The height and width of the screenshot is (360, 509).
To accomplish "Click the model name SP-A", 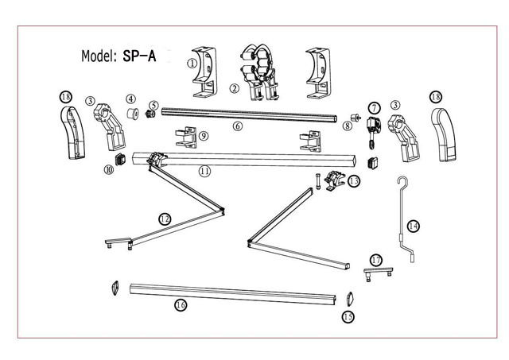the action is click(x=139, y=56).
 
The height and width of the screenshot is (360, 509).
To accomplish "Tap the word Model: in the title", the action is click(x=99, y=56).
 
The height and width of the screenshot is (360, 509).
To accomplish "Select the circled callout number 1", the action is click(x=192, y=63).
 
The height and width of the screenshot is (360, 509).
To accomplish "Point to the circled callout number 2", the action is click(x=234, y=88).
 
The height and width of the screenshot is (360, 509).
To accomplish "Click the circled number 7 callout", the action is click(x=374, y=108).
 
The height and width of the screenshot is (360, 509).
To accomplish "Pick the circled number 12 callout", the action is click(x=165, y=219).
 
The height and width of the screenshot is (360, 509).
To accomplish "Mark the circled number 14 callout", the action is click(x=414, y=226).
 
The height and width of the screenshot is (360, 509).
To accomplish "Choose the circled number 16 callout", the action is click(x=181, y=305).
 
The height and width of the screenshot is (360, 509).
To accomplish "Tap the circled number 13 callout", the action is click(x=354, y=180).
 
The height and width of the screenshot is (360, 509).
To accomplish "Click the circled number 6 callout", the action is click(x=238, y=126).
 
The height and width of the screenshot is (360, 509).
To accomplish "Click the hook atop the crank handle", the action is click(x=403, y=182).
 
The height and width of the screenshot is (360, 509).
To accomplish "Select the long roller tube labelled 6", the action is click(x=249, y=115).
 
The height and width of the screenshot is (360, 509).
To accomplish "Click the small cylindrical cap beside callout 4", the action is click(x=133, y=114).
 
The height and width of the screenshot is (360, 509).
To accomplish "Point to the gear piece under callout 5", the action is click(x=151, y=114).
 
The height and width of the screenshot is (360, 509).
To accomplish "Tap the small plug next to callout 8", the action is click(x=356, y=117).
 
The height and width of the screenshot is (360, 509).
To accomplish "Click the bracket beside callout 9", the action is click(x=186, y=137).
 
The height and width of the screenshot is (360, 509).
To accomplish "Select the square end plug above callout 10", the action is click(x=120, y=159).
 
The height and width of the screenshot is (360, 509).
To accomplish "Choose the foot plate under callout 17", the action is click(x=379, y=272).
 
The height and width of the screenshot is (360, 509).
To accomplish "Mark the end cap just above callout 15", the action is click(x=349, y=299).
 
